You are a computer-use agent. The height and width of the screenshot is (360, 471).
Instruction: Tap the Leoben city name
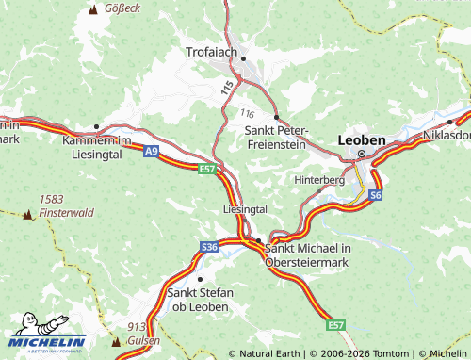361,139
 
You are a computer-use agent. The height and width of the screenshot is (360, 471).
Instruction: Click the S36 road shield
209,247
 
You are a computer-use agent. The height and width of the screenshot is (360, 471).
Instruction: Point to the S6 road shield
376,195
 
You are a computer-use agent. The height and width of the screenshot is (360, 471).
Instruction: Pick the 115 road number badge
227,87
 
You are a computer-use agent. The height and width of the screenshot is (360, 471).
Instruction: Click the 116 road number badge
247,113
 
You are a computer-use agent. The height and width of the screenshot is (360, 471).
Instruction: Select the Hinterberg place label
320,179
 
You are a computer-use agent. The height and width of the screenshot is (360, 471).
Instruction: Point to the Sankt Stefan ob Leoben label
199,300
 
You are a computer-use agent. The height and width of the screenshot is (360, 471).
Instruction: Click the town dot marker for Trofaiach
243,58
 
